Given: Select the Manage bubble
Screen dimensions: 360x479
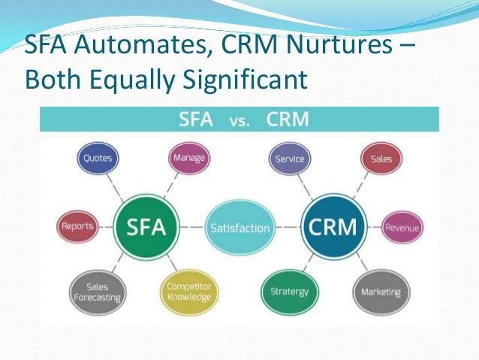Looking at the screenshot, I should tap(189, 159).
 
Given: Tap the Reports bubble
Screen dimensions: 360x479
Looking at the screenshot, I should tap(77, 226).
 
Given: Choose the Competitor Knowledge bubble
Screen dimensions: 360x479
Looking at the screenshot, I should tap(188, 291).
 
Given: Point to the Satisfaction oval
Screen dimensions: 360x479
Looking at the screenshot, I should tap(239, 227).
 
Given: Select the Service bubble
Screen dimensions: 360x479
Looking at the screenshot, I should tap(289, 159).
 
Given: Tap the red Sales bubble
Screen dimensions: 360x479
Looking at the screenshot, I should tap(381, 159).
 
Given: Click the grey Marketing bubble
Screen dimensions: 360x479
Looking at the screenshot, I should tap(381, 292).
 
